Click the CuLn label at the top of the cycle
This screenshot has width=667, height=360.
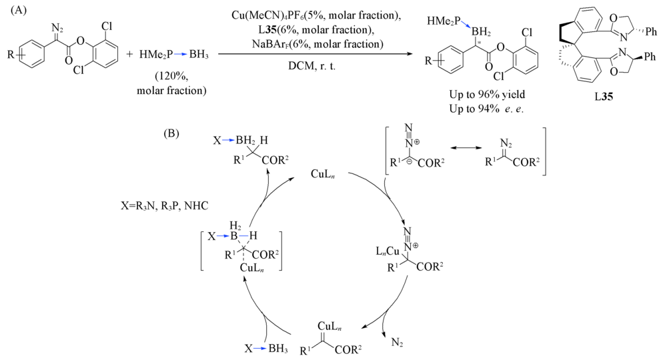coord(321,173)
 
